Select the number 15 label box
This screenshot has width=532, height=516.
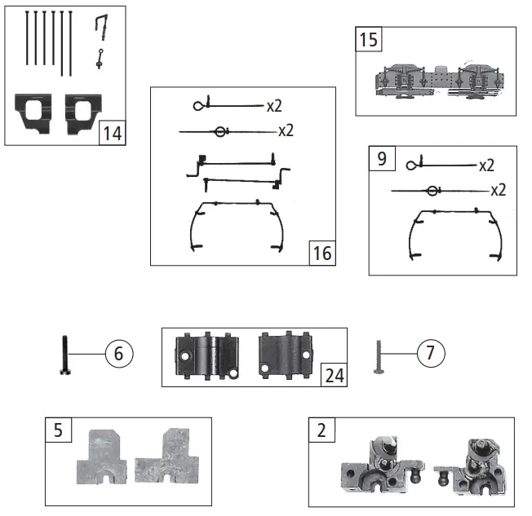[369, 39]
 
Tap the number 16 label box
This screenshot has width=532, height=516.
[322, 254]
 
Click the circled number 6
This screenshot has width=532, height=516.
[118, 355]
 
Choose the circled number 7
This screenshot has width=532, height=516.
[431, 355]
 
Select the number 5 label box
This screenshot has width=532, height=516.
[58, 430]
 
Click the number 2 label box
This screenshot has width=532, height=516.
[321, 430]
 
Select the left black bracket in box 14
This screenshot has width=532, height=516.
[34, 113]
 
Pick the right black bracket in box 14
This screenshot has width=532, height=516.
[81, 113]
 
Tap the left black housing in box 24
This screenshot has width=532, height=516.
[206, 356]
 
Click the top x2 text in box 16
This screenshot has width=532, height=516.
[275, 106]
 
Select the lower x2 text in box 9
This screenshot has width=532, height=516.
[498, 191]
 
